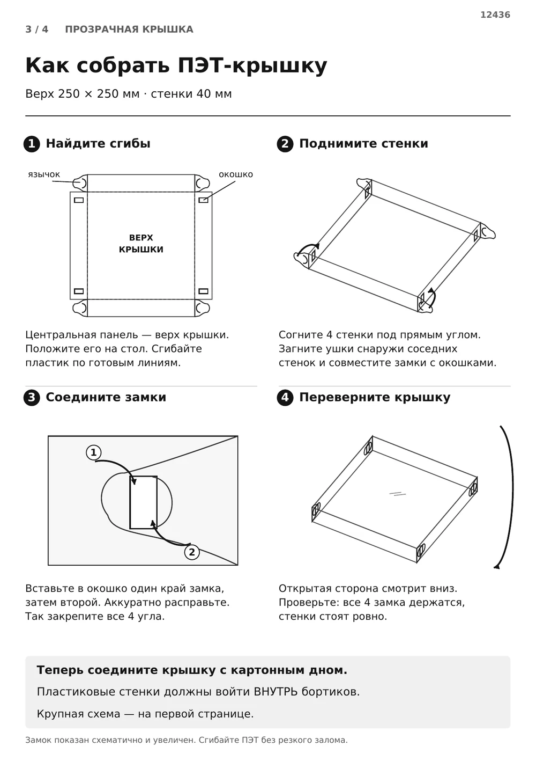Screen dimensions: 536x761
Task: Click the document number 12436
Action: pos(495,14)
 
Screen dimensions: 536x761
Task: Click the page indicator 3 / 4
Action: pos(36,29)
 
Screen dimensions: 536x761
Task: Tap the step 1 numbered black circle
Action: pos(32,144)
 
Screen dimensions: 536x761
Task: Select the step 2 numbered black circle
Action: pos(285,144)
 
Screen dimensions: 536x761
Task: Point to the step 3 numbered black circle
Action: pos(32,398)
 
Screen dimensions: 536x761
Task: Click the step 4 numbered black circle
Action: pos(285,398)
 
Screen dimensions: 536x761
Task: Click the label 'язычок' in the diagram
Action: pos(44,174)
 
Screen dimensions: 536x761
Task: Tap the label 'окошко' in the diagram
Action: pos(236,174)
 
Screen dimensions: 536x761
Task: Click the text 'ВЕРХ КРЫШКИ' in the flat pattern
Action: pos(141,244)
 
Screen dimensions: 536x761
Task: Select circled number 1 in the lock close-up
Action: pos(94,452)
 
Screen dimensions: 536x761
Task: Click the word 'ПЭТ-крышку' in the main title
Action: pos(252,65)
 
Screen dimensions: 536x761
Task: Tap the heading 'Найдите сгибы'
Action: pos(98,143)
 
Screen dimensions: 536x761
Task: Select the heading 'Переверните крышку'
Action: pos(375,397)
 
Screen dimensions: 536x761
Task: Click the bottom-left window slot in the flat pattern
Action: pos(79,291)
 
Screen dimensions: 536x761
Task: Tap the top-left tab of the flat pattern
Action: pos(80,184)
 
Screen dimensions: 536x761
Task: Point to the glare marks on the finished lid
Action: pos(397,494)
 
